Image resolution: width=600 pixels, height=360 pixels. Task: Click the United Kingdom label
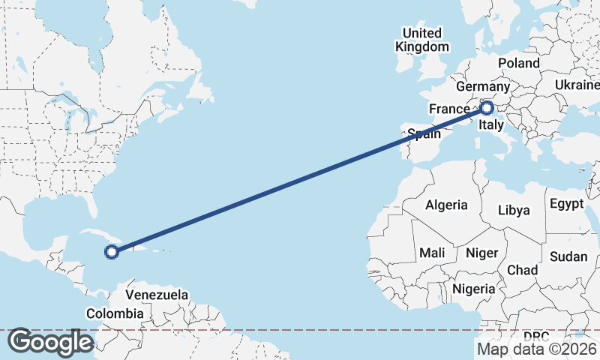pyautogui.click(x=422, y=40)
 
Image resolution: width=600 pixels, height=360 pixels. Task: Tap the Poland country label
pyautogui.click(x=518, y=64)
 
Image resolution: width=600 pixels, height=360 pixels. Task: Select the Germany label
pyautogui.click(x=482, y=86)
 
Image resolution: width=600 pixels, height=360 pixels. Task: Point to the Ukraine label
pyautogui.click(x=577, y=85)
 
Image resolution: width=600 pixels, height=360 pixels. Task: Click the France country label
pyautogui.click(x=449, y=109)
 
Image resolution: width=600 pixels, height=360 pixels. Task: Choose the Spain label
pyautogui.click(x=424, y=135)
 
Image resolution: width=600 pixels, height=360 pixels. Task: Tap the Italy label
pyautogui.click(x=491, y=124)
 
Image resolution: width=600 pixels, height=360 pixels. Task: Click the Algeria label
pyautogui.click(x=446, y=205)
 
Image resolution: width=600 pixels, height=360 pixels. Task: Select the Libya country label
pyautogui.click(x=514, y=210)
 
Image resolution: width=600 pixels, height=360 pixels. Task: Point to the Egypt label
pyautogui.click(x=566, y=204)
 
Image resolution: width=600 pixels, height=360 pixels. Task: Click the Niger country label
pyautogui.click(x=481, y=253)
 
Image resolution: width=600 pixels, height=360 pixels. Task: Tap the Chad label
pyautogui.click(x=523, y=269)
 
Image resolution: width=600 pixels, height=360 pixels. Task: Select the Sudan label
pyautogui.click(x=568, y=256)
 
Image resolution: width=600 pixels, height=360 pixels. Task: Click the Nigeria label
pyautogui.click(x=475, y=289)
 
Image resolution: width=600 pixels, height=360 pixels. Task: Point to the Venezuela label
pyautogui.click(x=157, y=295)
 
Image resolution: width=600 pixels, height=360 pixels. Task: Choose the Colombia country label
pyautogui.click(x=115, y=313)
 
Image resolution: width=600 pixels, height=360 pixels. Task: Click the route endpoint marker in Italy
pyautogui.click(x=486, y=108)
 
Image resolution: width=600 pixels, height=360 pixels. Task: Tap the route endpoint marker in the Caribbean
pyautogui.click(x=112, y=252)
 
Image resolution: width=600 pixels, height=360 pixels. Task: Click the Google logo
pyautogui.click(x=50, y=343)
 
